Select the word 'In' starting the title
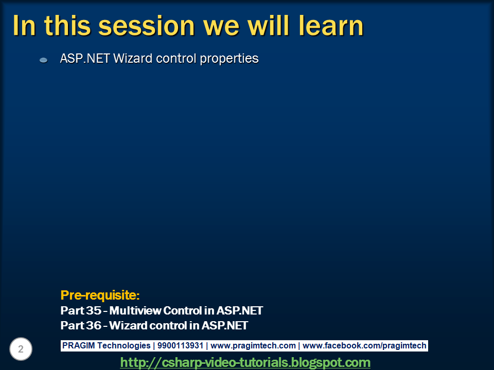tap(24, 26)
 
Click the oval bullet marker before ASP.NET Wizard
tap(44, 60)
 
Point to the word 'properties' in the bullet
tap(229, 59)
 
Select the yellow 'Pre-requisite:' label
tap(100, 295)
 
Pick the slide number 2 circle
tap(21, 349)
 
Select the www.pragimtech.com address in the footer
tap(253, 346)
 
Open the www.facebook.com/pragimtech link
tap(364, 346)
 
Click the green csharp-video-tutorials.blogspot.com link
tap(245, 362)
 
